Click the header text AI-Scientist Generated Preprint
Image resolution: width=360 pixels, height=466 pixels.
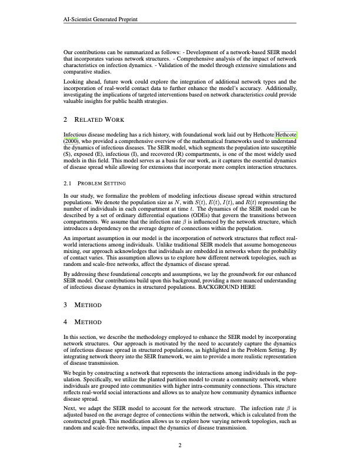coord(105,19)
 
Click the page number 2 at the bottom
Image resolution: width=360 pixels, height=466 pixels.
coord(180,445)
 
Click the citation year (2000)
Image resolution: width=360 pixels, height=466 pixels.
coord(75,142)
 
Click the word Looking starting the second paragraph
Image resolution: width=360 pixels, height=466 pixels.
coord(74,81)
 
